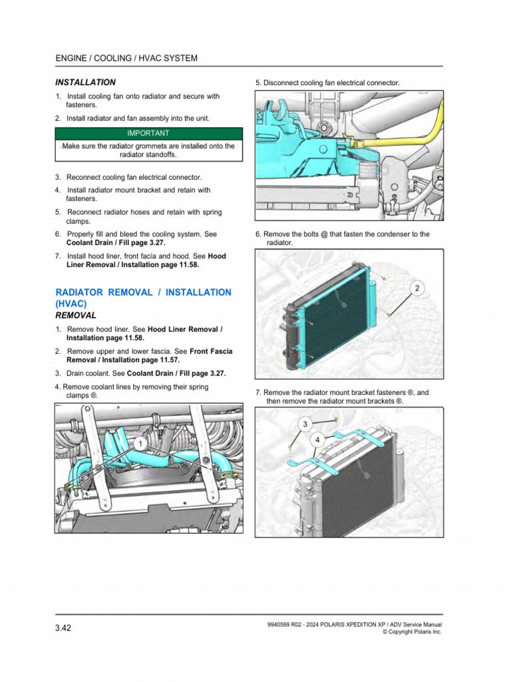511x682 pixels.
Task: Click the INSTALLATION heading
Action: [85, 83]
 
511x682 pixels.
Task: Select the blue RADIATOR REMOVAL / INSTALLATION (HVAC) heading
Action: [143, 298]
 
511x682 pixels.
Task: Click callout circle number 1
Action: [140, 444]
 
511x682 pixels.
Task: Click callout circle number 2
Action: [416, 288]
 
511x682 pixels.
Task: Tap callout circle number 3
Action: [305, 424]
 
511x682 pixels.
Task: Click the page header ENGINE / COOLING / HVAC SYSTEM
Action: [126, 59]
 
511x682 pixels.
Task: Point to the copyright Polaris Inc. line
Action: [412, 632]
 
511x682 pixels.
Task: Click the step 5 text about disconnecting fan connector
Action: [327, 83]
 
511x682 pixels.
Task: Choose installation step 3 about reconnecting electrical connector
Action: [128, 177]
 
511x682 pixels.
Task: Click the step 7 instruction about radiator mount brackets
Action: [342, 397]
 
